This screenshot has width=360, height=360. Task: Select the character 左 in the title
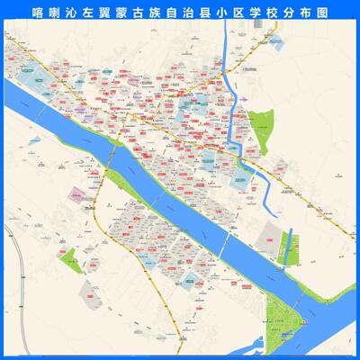(90, 15)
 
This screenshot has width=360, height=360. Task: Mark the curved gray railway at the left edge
(12, 270)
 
